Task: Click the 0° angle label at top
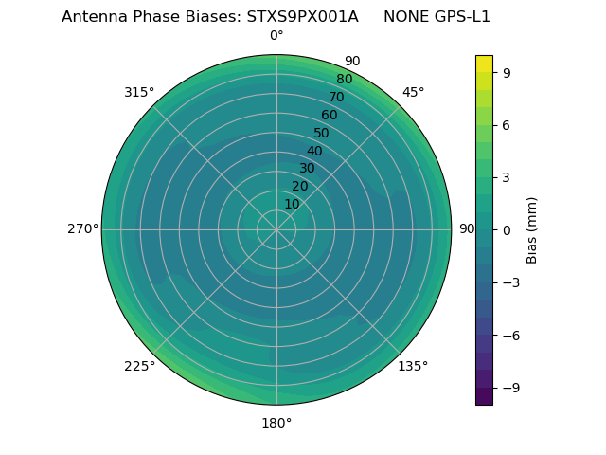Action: (276, 36)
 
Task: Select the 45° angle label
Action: (413, 92)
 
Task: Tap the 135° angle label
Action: (413, 366)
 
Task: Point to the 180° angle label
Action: (276, 423)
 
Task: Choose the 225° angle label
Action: (139, 366)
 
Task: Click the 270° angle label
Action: (82, 229)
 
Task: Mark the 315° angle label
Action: (139, 92)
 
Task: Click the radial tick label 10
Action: (292, 204)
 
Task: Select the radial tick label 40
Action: (314, 151)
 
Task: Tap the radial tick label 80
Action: (344, 80)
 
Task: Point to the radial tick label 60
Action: (329, 116)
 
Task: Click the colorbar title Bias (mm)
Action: (532, 229)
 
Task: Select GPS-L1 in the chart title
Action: (458, 17)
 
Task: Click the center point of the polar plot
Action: (276, 229)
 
